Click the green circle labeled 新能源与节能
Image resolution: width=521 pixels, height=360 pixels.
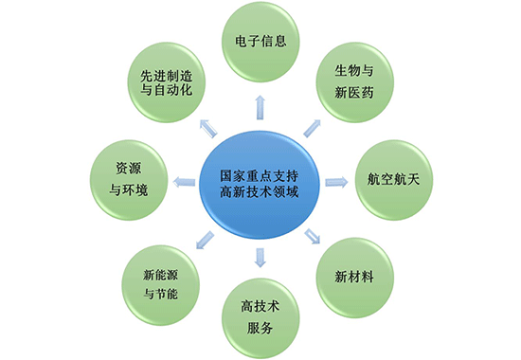point(161,280)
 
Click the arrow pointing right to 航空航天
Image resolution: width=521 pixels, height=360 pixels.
point(332,180)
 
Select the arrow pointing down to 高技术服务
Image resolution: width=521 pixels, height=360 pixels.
point(260,255)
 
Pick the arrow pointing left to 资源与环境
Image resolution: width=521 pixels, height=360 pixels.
point(183,180)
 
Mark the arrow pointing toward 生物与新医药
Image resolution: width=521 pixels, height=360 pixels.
point(312,126)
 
